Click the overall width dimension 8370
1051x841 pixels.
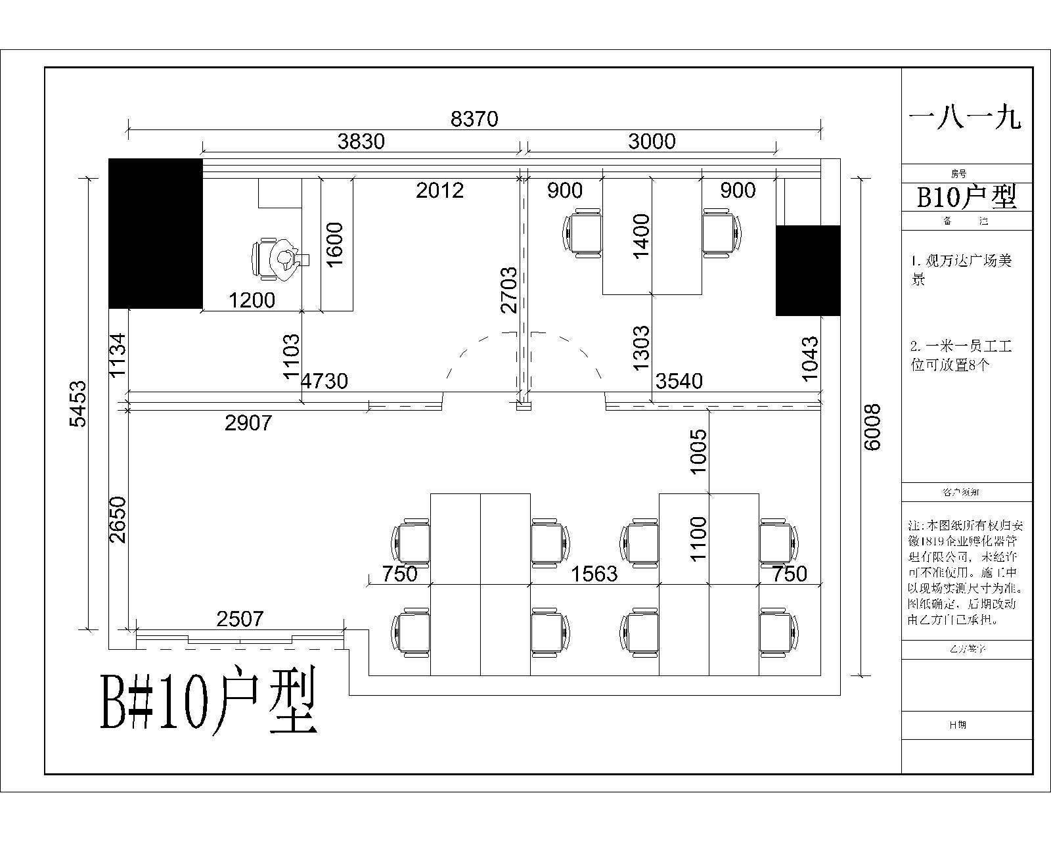(x=474, y=119)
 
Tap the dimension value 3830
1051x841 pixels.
(x=361, y=141)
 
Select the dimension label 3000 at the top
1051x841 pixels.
(x=652, y=141)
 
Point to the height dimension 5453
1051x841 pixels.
(x=78, y=403)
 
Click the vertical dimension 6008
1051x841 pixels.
(x=872, y=426)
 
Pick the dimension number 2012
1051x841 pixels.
(x=439, y=191)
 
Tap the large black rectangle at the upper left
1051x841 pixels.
(x=156, y=233)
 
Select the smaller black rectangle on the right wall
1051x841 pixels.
(x=808, y=271)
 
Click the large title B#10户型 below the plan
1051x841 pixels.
(x=209, y=700)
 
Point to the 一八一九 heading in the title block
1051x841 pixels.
(x=965, y=119)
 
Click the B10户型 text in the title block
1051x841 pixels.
(x=966, y=196)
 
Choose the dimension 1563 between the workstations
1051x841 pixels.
(x=594, y=574)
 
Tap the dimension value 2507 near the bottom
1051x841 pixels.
(x=240, y=618)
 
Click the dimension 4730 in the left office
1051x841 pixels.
(x=324, y=380)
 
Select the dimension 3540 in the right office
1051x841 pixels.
(x=679, y=380)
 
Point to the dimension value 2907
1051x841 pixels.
(x=248, y=422)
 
